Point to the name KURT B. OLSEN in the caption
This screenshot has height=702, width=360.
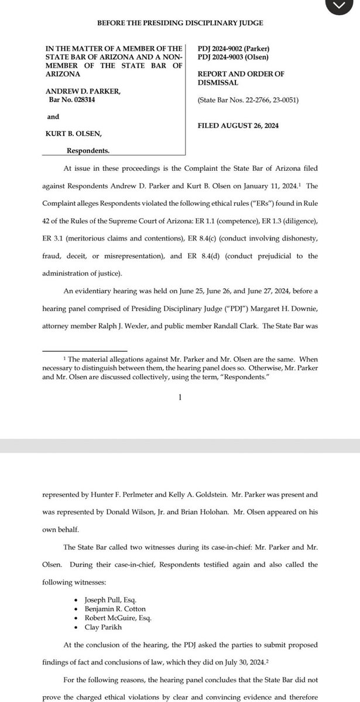click(x=70, y=134)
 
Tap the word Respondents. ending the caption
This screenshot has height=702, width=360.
click(x=88, y=150)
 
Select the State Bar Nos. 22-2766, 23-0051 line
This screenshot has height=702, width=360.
click(x=249, y=100)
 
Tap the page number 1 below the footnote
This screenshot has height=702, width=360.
click(x=180, y=397)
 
